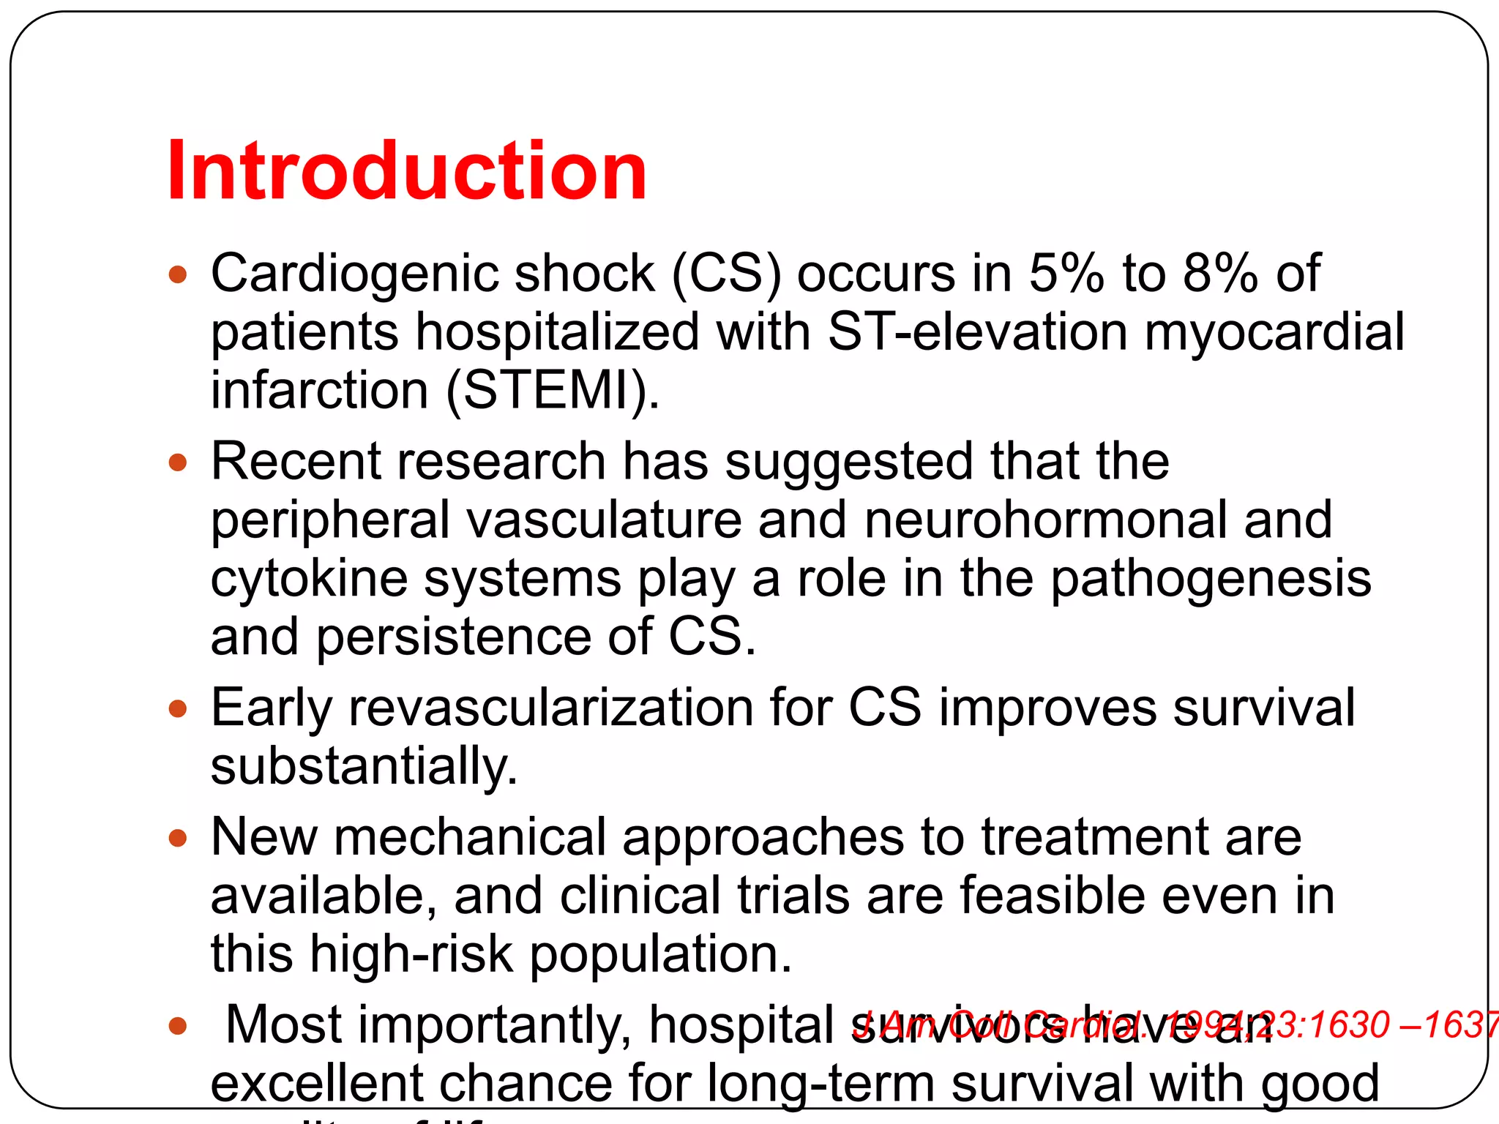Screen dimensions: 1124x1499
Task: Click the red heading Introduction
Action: point(407,171)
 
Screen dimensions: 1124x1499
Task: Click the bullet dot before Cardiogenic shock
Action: point(178,275)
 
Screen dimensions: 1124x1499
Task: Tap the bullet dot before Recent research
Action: point(178,462)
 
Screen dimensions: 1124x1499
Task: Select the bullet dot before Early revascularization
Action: point(178,708)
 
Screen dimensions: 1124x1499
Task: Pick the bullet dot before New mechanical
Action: point(178,838)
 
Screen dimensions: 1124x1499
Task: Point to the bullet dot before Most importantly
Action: point(178,1025)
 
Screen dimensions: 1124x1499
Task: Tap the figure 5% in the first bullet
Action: point(1066,274)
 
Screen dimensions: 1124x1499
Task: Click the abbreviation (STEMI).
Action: point(553,391)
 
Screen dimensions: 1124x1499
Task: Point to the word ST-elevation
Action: point(978,332)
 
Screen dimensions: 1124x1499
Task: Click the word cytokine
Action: point(309,579)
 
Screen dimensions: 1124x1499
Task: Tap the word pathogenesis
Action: point(1211,579)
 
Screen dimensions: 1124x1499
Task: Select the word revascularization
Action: point(551,708)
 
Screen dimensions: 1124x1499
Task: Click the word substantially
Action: point(364,767)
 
